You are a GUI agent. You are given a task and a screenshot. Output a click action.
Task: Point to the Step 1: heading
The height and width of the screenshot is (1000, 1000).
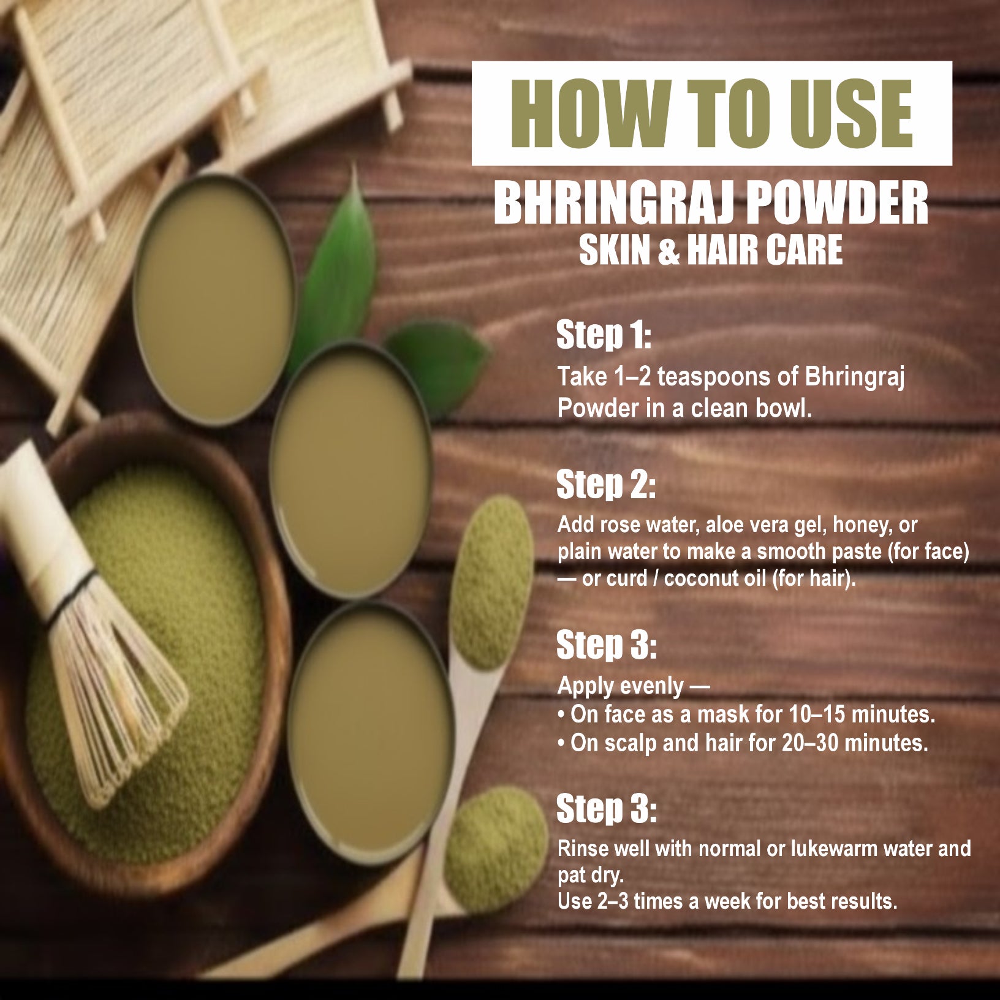(603, 336)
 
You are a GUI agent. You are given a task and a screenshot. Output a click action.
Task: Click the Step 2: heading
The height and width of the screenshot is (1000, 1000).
(605, 485)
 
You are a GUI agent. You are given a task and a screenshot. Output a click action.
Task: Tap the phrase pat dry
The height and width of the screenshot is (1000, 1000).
(589, 875)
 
